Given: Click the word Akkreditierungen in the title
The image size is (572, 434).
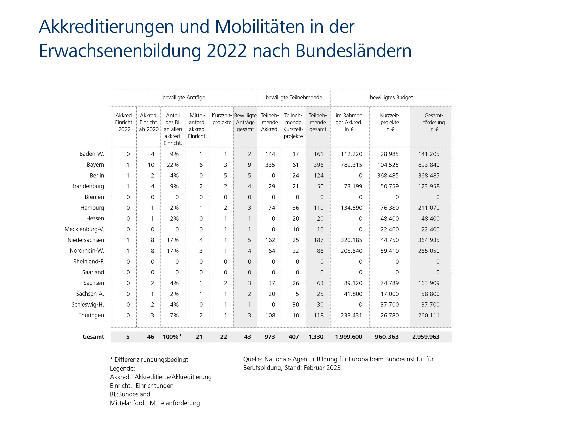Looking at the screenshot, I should [106, 27].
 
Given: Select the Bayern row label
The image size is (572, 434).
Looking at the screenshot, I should [95, 165].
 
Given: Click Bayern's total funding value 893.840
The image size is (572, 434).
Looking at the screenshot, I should [429, 165].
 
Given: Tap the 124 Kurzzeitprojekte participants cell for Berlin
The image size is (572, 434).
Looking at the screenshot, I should [294, 176].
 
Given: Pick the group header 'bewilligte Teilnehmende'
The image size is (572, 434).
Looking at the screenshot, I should [294, 98].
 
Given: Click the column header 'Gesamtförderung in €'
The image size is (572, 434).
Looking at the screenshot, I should [434, 122].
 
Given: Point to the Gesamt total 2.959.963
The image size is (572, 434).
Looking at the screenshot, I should [426, 337].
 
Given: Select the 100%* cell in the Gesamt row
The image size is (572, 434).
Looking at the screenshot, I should [172, 337].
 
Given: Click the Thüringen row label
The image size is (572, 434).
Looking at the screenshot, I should [91, 316].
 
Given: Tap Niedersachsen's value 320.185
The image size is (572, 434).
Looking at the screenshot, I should [351, 240].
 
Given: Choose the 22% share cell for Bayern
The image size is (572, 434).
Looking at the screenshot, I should [173, 165].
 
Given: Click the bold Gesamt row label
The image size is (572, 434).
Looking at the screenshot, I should [93, 337].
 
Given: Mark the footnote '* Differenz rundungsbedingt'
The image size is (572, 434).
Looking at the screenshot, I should [149, 360].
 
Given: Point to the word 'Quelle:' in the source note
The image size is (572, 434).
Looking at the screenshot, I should [253, 359].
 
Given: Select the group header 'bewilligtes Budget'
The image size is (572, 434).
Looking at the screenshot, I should [391, 98].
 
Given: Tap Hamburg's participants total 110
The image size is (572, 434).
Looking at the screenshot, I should [319, 208].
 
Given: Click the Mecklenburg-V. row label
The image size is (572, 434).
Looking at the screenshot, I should [84, 229].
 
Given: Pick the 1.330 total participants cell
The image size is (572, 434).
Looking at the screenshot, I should [316, 337].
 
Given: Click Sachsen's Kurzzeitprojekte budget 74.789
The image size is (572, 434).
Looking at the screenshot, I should [389, 283].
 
